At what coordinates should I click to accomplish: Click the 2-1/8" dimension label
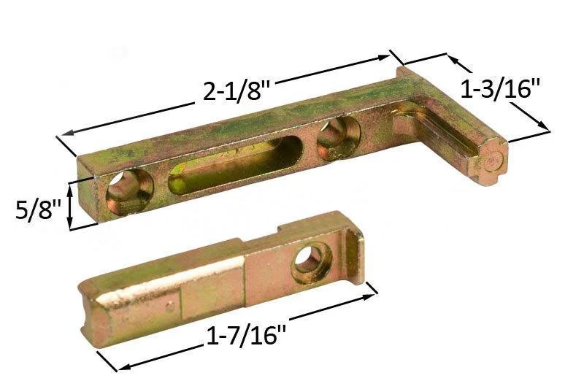[x=237, y=90]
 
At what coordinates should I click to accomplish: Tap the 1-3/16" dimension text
[x=500, y=89]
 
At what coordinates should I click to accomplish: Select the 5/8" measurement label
[x=38, y=210]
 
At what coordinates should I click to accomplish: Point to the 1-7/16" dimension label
[x=246, y=336]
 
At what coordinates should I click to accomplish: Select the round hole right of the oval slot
[x=338, y=139]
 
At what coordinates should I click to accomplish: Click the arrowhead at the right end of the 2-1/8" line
[x=384, y=58]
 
